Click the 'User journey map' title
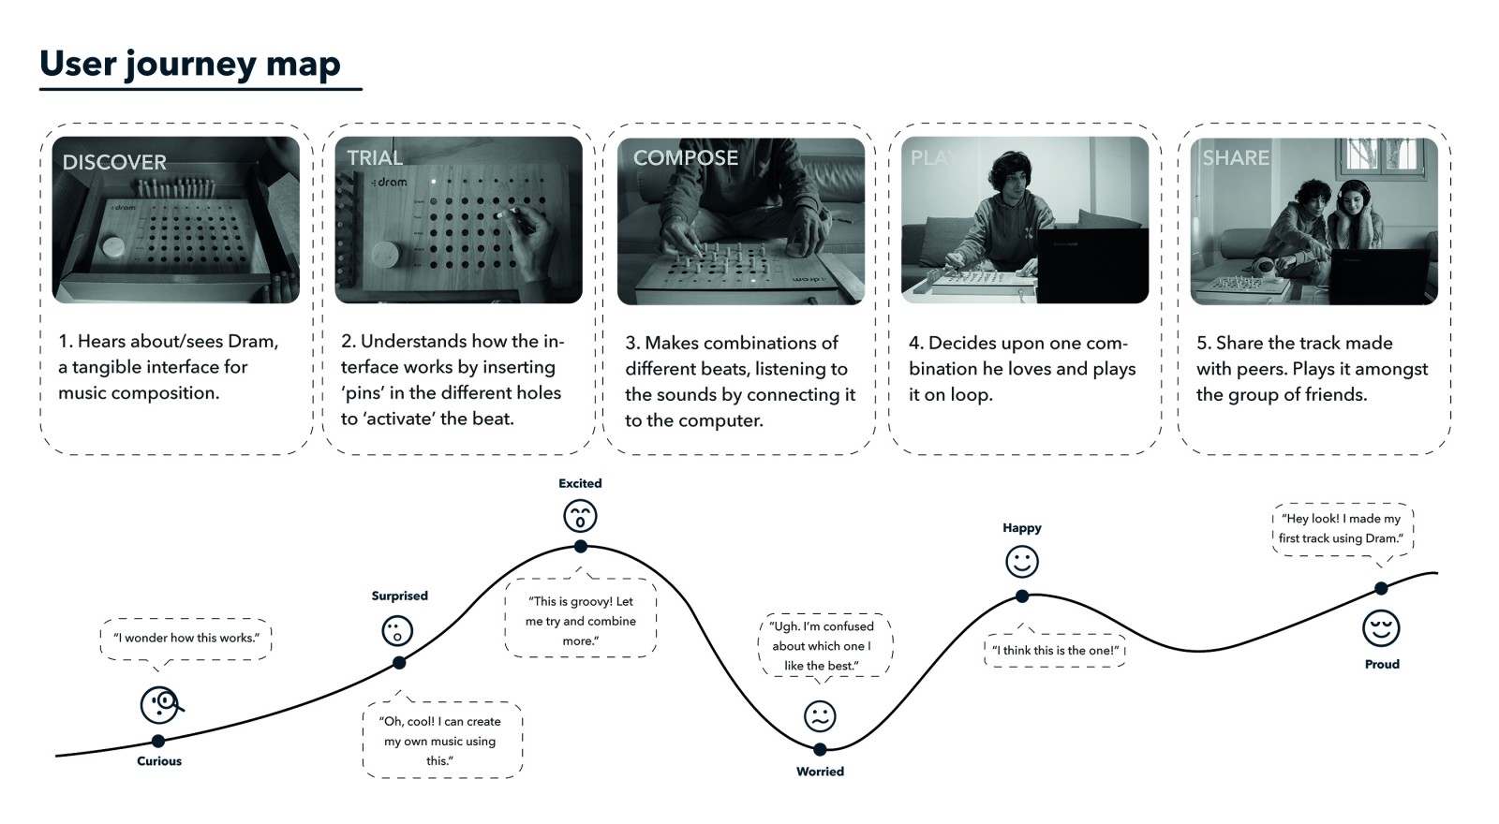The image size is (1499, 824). pyautogui.click(x=190, y=64)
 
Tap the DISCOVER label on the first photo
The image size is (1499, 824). pyautogui.click(x=114, y=162)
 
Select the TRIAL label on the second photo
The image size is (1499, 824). pyautogui.click(x=375, y=157)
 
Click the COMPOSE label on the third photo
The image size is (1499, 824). pyautogui.click(x=686, y=157)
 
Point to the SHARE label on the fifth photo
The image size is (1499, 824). pyautogui.click(x=1236, y=157)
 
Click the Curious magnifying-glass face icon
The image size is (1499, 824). pyautogui.click(x=160, y=705)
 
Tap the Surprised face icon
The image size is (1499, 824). pyautogui.click(x=397, y=630)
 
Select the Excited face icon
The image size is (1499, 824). pyautogui.click(x=580, y=516)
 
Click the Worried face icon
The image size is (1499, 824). pyautogui.click(x=820, y=716)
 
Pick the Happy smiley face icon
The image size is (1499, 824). pyautogui.click(x=1022, y=562)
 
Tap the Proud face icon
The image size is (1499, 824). pyautogui.click(x=1381, y=627)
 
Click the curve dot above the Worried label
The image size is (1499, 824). pyautogui.click(x=820, y=749)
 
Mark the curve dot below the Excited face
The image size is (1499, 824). pyautogui.click(x=580, y=546)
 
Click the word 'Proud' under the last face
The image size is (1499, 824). pyautogui.click(x=1382, y=664)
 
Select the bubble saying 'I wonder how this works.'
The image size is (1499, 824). pyautogui.click(x=186, y=639)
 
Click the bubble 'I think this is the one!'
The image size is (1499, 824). pyautogui.click(x=1055, y=650)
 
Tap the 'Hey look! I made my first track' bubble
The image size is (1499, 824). pyautogui.click(x=1342, y=528)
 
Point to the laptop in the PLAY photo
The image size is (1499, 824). pyautogui.click(x=1092, y=264)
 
